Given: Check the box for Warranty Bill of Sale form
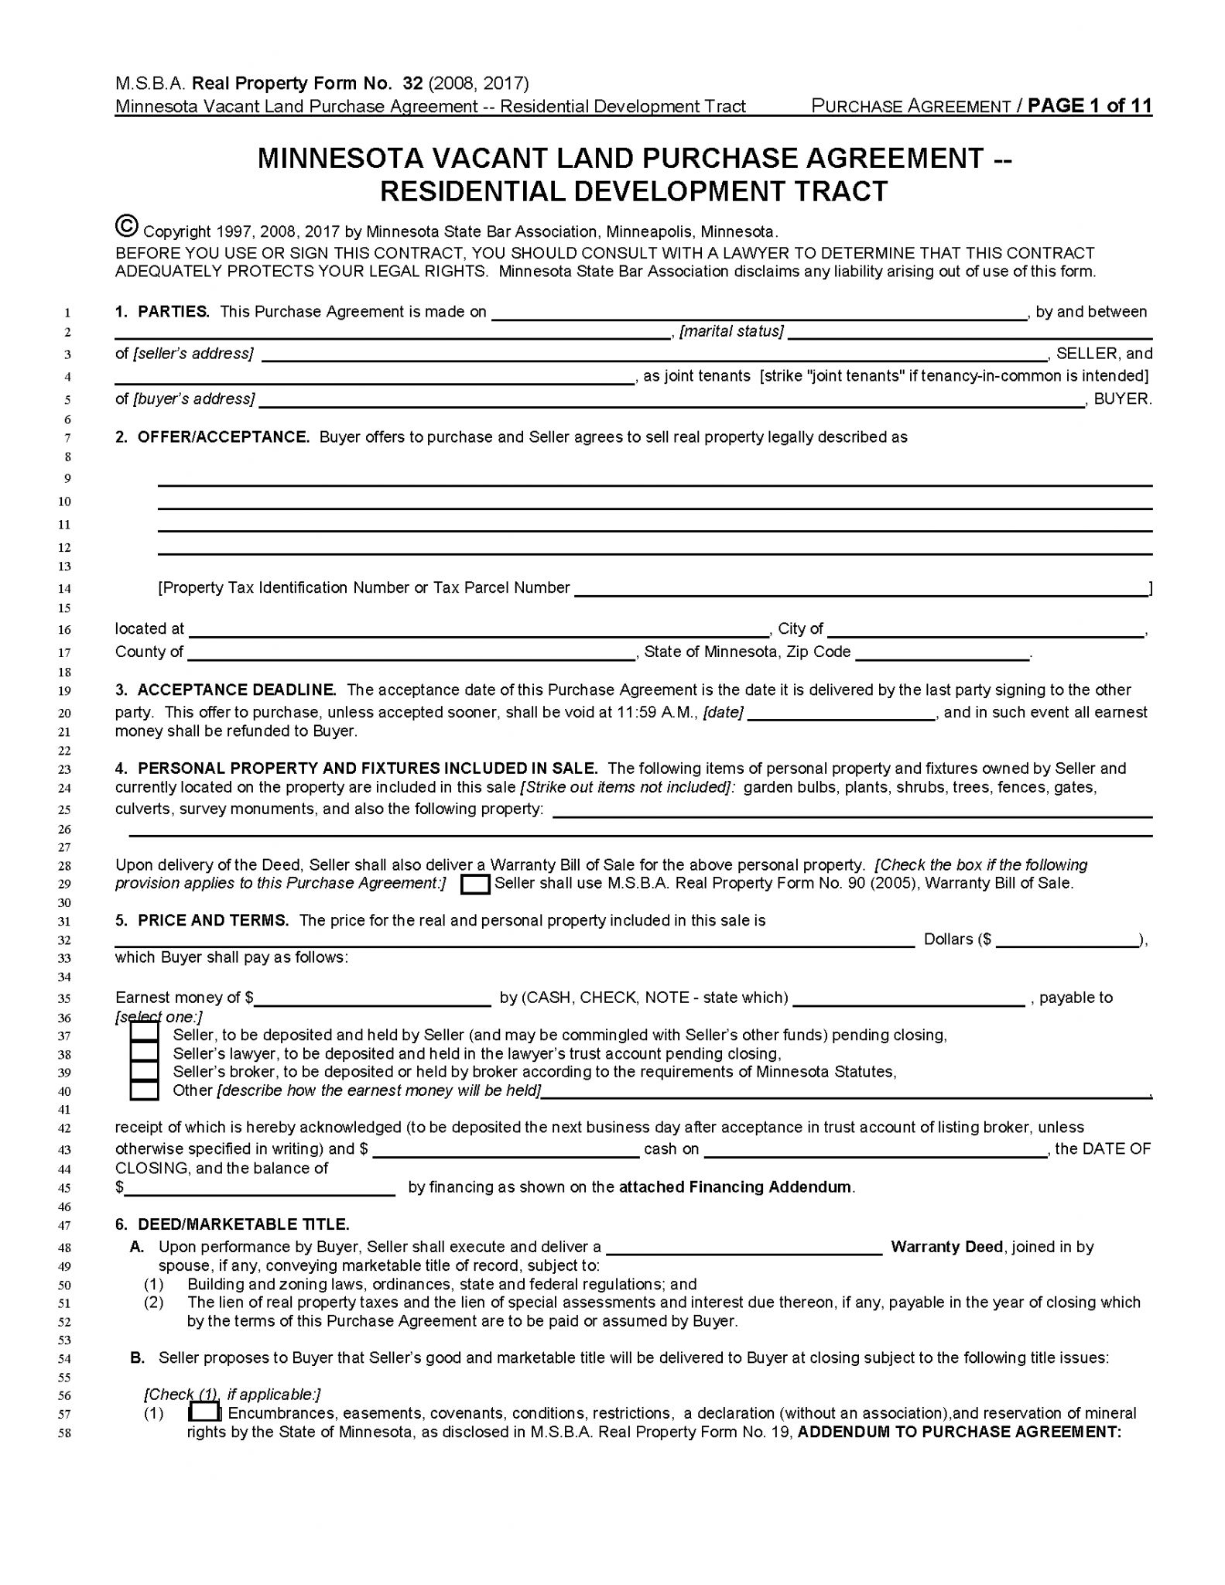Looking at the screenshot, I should (x=475, y=884).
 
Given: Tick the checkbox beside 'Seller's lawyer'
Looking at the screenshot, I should (x=144, y=1052).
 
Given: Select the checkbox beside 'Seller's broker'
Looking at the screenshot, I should (x=144, y=1071).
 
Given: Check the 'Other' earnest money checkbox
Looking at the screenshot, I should (x=144, y=1090).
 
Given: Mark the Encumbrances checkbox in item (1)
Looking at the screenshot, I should (x=204, y=1412).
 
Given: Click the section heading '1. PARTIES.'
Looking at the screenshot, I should (x=163, y=312).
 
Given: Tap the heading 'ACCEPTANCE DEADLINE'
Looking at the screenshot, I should (x=237, y=690).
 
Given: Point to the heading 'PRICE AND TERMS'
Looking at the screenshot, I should (x=213, y=920).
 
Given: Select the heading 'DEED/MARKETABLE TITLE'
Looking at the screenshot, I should (x=243, y=1224).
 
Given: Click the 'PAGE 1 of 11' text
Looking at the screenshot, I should (x=1090, y=106).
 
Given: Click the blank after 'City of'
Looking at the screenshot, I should (x=986, y=630).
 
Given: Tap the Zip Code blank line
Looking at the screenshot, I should (x=942, y=653).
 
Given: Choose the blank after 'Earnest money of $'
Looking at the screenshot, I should (x=373, y=999).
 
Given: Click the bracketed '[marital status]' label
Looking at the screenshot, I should (x=731, y=332).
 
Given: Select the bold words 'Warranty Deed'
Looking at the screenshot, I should (x=946, y=1247).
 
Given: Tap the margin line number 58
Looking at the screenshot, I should (x=65, y=1433).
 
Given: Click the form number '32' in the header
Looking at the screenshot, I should (x=412, y=84).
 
